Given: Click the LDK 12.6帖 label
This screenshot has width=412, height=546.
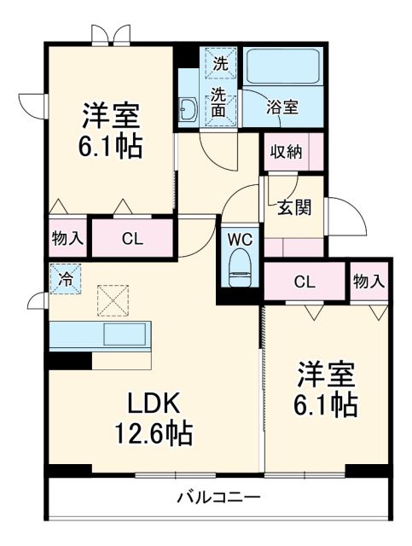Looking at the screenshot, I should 154,419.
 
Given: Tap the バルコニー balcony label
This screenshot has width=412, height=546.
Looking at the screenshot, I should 219,497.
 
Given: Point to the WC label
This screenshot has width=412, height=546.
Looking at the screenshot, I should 239,239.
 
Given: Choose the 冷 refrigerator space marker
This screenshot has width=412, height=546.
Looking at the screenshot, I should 64,277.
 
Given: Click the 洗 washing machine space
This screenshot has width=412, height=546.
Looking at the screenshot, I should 220,62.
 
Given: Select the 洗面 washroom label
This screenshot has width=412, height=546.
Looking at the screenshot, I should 220,102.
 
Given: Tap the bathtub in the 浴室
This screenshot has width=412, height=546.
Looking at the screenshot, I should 281,67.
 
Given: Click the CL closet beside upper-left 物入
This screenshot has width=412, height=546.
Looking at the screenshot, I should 131,238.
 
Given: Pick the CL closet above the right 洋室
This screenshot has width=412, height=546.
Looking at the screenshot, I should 305,282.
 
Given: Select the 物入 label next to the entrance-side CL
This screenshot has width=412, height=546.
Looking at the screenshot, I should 369,282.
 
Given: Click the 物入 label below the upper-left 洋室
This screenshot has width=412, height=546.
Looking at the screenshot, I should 67,238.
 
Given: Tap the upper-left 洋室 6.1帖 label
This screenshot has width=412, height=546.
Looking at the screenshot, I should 112,130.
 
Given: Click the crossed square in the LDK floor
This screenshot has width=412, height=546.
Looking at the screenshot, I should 111,299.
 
